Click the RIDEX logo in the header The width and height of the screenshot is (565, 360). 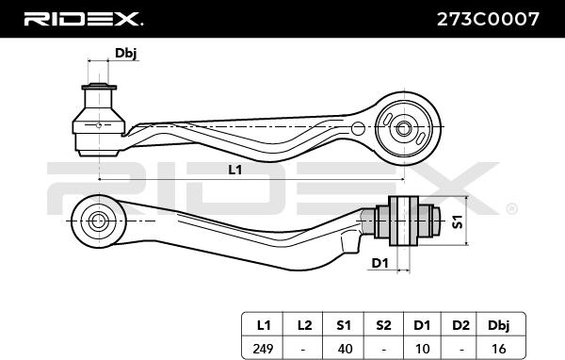(x=83, y=18)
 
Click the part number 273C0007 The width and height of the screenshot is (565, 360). (x=489, y=18)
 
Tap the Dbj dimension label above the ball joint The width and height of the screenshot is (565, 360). (x=125, y=53)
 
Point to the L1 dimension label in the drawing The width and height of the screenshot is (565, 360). (x=234, y=170)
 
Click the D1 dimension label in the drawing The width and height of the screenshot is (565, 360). (x=379, y=262)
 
